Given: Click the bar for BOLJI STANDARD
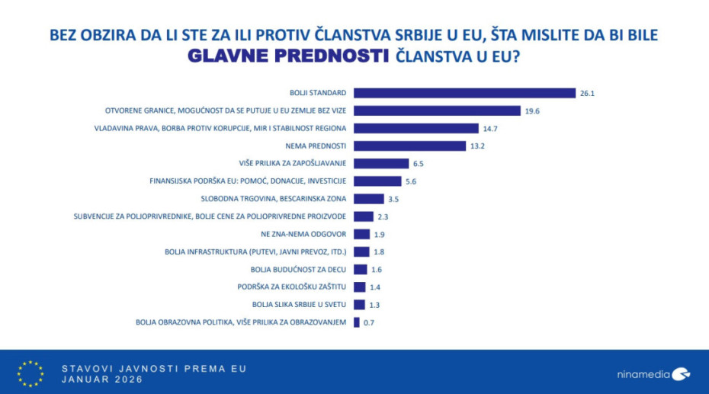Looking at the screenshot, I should pyautogui.click(x=465, y=93).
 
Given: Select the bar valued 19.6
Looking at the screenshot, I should pyautogui.click(x=438, y=111).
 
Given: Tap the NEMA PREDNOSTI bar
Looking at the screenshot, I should pyautogui.click(x=410, y=146).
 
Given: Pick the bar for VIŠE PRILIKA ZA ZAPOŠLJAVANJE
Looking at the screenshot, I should pyautogui.click(x=382, y=163).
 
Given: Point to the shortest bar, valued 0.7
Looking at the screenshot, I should pyautogui.click(x=357, y=322).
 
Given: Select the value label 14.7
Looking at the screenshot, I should pyautogui.click(x=491, y=128).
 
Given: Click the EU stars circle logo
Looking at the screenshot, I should pyautogui.click(x=30, y=373).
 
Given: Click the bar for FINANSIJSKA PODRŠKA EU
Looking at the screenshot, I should pyautogui.click(x=377, y=181).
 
